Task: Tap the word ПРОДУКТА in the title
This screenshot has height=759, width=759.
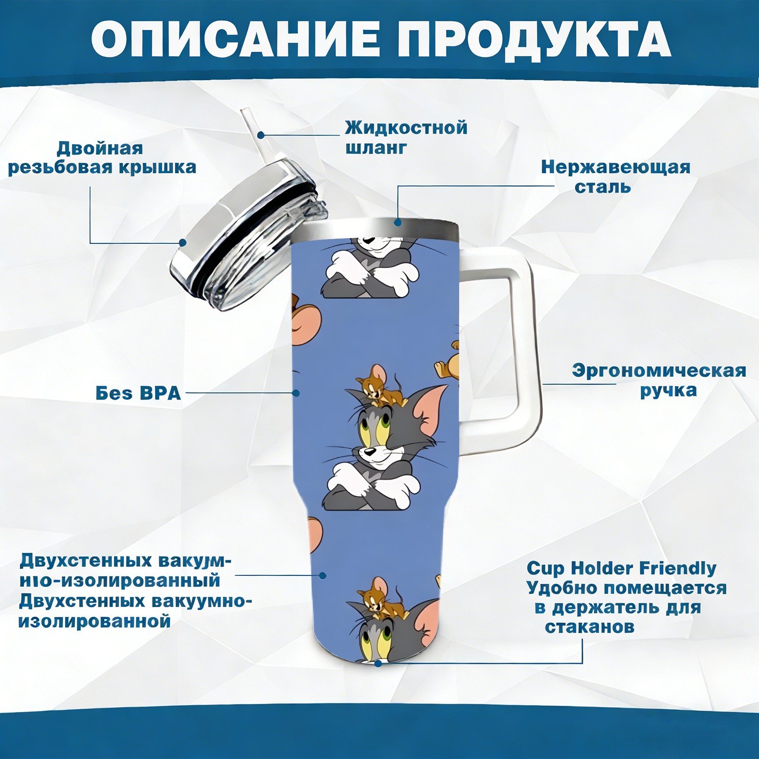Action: coord(534,39)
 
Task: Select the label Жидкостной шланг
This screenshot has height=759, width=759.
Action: coord(406,138)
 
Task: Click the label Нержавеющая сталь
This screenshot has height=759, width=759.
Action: coord(615,176)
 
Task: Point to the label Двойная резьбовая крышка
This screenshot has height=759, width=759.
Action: coord(102,157)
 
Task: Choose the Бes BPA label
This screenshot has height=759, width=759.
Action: coord(138,393)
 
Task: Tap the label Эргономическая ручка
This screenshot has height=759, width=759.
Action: coord(658,380)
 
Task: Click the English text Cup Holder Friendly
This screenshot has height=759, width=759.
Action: coord(621,568)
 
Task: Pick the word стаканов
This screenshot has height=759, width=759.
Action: coord(589,627)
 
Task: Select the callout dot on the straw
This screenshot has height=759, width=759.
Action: coord(261,135)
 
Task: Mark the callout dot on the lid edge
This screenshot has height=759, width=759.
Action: coord(183,243)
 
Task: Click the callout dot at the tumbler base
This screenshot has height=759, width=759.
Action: coord(378,663)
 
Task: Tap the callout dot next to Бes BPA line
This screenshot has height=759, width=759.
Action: coord(296,393)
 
